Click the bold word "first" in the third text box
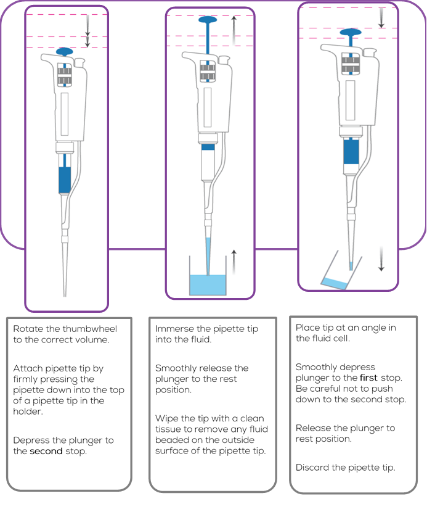point(370,377)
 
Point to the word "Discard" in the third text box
point(312,468)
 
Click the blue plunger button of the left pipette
point(64,51)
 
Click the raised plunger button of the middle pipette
point(209,20)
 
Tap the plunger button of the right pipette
point(350,31)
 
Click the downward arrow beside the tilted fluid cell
point(381,259)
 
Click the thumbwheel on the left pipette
point(64,76)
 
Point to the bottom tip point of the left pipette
point(65,295)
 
